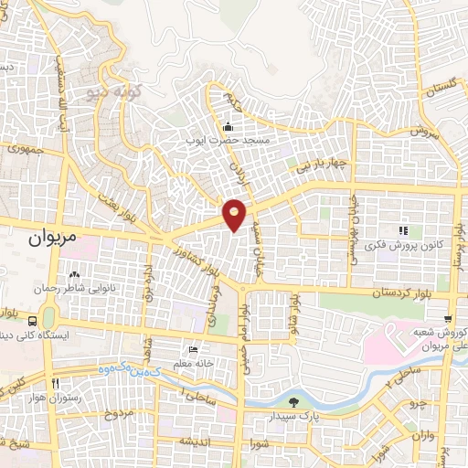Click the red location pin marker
235,214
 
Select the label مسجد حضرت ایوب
237,140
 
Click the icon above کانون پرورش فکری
401,229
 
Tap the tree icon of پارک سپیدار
293,402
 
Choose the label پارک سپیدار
293,416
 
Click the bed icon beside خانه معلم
191,351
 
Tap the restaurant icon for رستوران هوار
56,384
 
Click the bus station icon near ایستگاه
33,321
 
